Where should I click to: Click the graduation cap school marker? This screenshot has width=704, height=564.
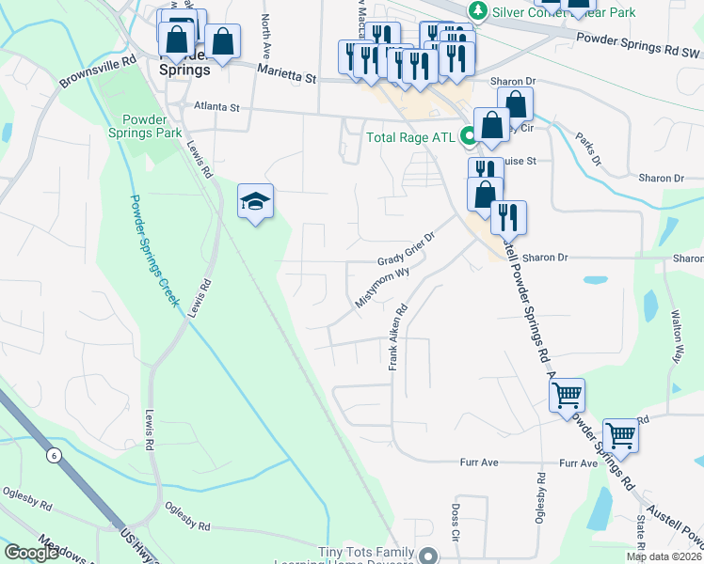pyautogui.click(x=256, y=202)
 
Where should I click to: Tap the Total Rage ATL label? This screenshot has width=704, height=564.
pyautogui.click(x=409, y=137)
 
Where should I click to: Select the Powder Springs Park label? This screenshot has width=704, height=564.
pyautogui.click(x=152, y=126)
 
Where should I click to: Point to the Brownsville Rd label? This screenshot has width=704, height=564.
pyautogui.click(x=98, y=70)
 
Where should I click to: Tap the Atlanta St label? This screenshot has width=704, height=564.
pyautogui.click(x=216, y=107)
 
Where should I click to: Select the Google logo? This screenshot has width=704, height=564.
pyautogui.click(x=31, y=553)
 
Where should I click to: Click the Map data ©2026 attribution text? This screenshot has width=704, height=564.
pyautogui.click(x=664, y=556)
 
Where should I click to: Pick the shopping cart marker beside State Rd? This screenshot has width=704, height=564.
pyautogui.click(x=620, y=435)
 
